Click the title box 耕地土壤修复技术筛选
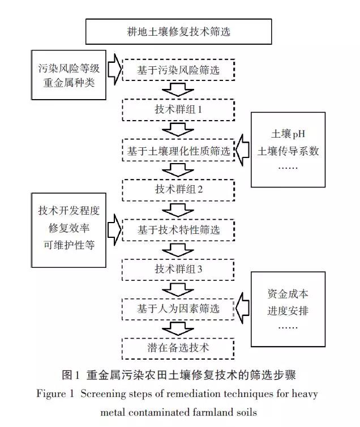pos(179,32)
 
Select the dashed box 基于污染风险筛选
pos(178,71)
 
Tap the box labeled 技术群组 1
pos(178,109)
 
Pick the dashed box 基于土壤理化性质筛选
pos(178,151)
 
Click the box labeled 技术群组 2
pos(178,190)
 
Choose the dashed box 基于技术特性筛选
pos(178,230)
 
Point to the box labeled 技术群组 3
pos(178,269)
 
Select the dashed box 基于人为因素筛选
pos(178,310)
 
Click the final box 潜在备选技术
pos(178,347)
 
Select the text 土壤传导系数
pos(289,152)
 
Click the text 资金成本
pos(288,294)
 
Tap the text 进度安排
pos(288,311)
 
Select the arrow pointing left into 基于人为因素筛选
pos(243,309)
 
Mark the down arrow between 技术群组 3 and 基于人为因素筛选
pos(178,289)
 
